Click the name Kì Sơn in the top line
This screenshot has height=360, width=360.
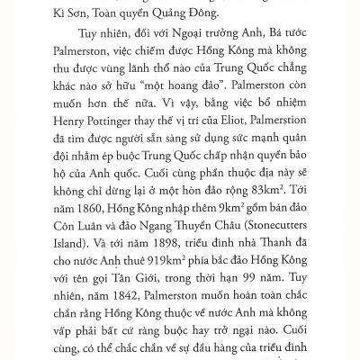(x=64, y=17)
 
